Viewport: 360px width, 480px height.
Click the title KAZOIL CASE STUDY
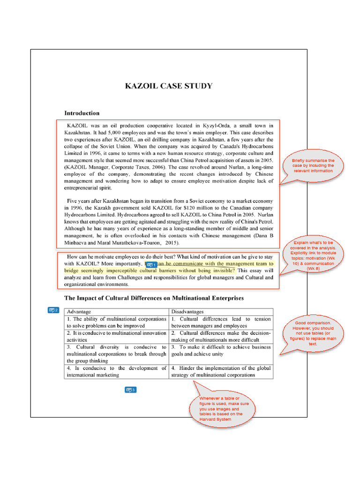pos(168,86)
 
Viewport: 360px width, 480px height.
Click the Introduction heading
pos(82,113)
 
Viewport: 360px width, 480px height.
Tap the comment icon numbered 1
pos(151,265)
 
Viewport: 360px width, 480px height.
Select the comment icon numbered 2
pos(53,310)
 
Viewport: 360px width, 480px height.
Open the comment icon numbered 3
pos(130,390)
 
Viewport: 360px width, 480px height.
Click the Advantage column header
pos(79,312)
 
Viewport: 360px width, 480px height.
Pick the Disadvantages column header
pos(187,312)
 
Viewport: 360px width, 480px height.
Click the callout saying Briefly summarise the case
pos(313,165)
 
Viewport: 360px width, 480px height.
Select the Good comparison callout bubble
pos(313,333)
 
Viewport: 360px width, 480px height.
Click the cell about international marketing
pos(116,372)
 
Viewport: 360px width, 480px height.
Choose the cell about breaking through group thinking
pos(116,354)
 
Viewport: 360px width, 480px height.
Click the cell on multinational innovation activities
pos(116,336)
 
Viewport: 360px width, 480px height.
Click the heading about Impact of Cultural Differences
pos(154,298)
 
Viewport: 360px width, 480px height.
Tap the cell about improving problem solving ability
pos(116,322)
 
